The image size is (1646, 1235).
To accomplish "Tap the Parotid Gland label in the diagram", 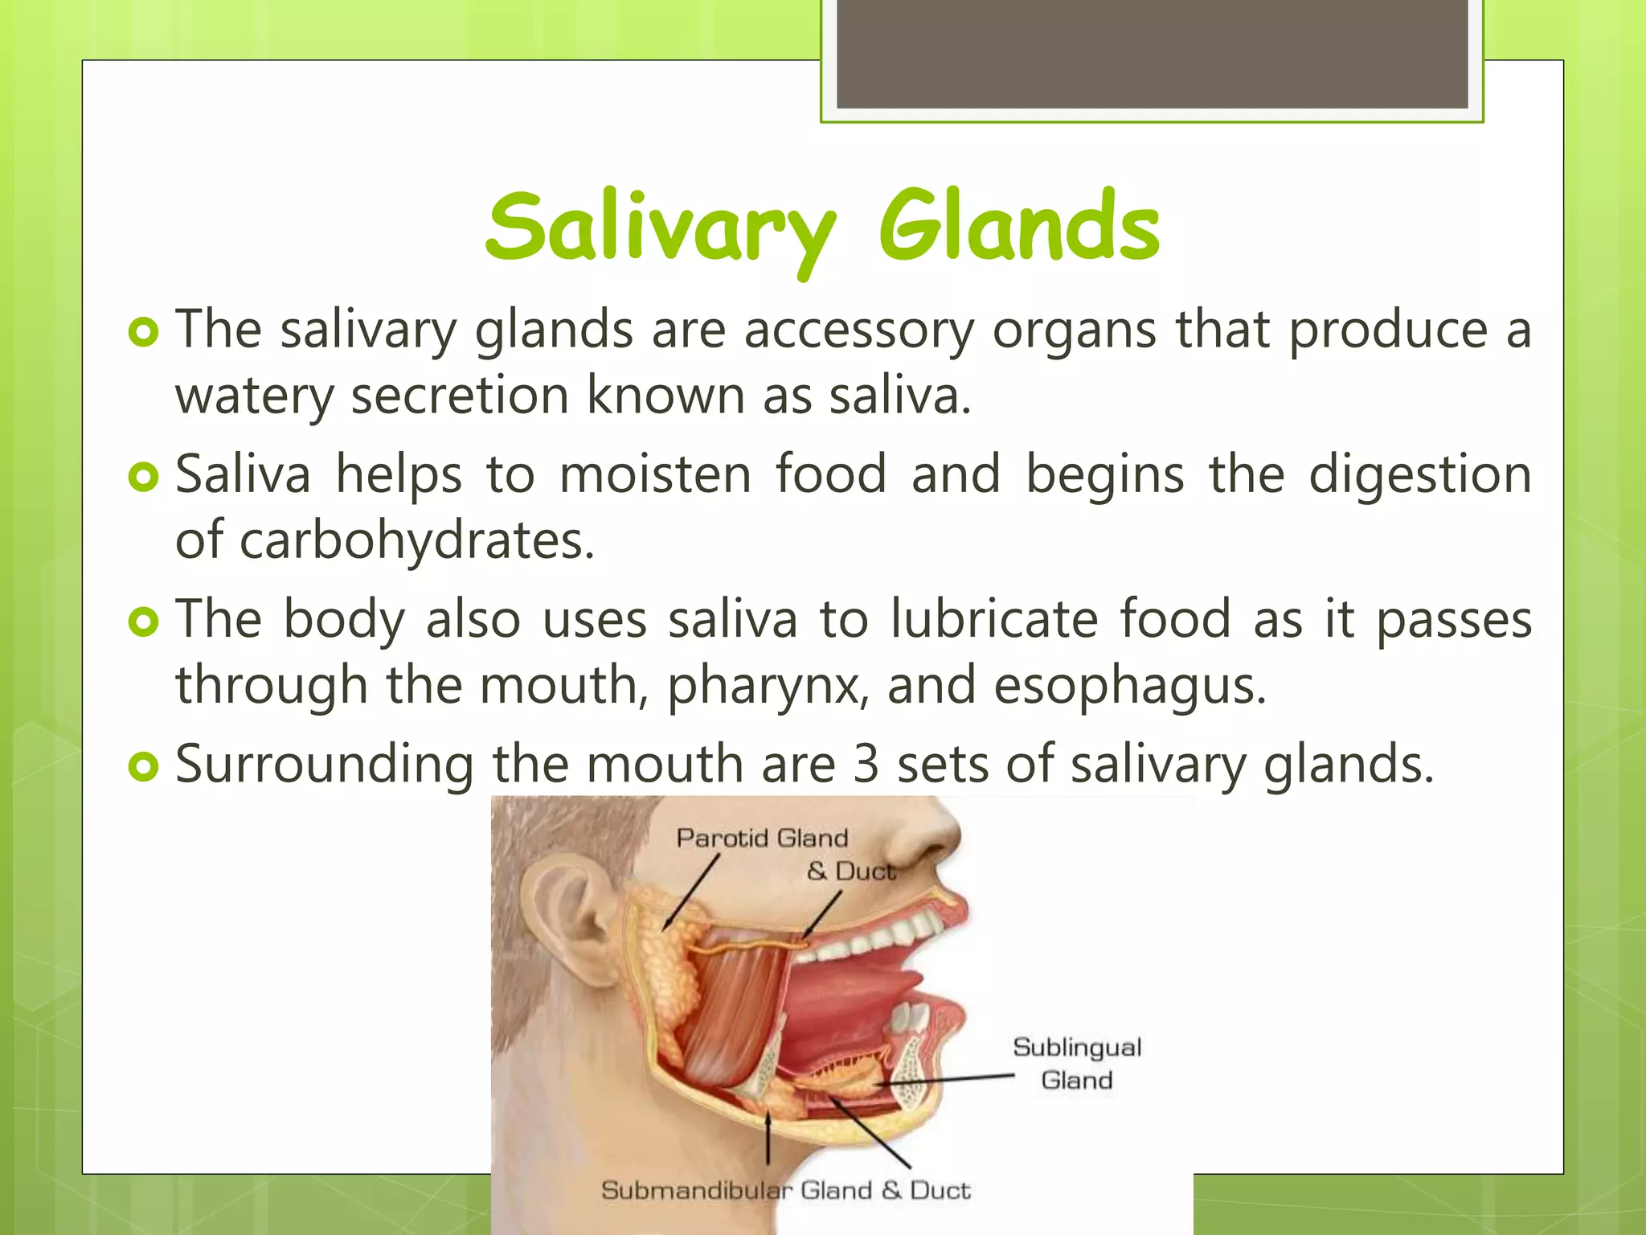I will (762, 838).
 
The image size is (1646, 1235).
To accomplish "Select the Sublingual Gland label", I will (1077, 1063).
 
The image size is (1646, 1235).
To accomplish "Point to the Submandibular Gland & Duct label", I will (785, 1190).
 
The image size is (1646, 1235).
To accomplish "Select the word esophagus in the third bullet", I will (1129, 685).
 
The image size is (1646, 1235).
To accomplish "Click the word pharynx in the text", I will (768, 685).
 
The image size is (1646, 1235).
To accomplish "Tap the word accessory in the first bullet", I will (858, 330).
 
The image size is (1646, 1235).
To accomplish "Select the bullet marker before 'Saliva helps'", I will (144, 477).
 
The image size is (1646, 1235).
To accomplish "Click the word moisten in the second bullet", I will (655, 474).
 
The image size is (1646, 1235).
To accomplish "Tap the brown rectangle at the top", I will (1152, 54).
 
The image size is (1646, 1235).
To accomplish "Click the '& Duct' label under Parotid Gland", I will (850, 871).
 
